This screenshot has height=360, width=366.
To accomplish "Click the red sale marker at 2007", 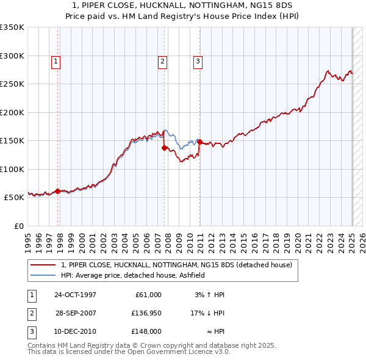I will (165, 148).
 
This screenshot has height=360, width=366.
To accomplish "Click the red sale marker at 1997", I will (58, 191).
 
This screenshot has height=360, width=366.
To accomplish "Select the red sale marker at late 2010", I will (199, 142).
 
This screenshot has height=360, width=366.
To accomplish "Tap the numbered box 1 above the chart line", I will (56, 61).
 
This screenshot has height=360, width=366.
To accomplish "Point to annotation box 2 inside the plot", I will (162, 61).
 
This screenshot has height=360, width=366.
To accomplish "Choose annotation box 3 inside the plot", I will (198, 61).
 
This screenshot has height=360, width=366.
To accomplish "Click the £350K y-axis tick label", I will (12, 27).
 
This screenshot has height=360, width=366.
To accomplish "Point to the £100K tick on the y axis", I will (12, 169).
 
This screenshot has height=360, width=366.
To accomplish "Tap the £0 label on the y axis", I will (18, 226).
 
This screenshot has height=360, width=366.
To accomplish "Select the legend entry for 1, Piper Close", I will (177, 265).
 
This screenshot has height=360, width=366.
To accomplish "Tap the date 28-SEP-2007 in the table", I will (76, 313).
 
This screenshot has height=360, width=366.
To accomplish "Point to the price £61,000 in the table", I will (147, 295).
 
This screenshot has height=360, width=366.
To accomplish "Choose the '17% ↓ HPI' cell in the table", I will (207, 313).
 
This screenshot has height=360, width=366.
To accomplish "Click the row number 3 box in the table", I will (31, 331).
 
